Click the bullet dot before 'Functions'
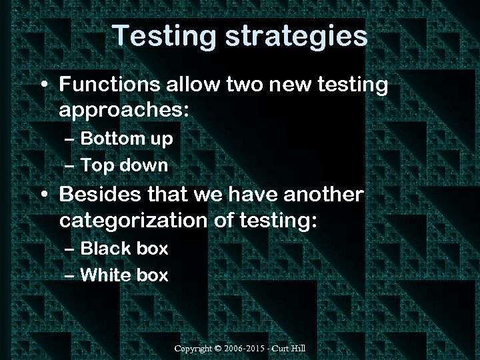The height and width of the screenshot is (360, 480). (43, 86)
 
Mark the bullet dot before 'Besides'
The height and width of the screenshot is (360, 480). (43, 196)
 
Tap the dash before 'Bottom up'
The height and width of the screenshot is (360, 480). (71, 139)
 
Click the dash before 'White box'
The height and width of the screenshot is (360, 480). (71, 275)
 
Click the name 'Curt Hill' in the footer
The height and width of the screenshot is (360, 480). (293, 349)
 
